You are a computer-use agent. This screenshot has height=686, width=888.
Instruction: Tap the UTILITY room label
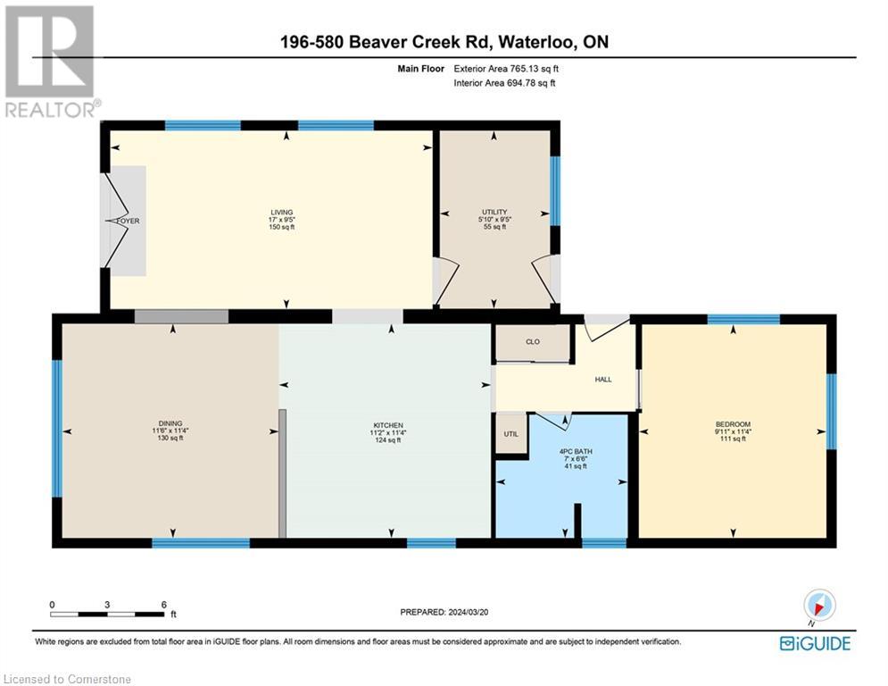[494, 212]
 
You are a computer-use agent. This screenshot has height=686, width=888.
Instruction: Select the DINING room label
[170, 424]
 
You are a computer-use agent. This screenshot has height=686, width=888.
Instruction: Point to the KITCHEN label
[388, 425]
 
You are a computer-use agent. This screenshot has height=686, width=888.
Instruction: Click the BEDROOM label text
[733, 424]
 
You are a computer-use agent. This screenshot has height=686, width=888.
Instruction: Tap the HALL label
[603, 380]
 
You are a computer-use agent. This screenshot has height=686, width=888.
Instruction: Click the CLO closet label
[533, 342]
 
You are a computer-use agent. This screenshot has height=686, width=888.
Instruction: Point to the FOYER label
[127, 221]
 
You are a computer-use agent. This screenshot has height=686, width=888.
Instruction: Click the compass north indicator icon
[818, 606]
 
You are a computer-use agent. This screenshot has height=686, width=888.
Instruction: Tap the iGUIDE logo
[815, 643]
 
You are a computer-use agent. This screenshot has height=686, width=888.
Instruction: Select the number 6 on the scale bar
[162, 605]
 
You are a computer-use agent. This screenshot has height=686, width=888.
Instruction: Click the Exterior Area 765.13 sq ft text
[507, 68]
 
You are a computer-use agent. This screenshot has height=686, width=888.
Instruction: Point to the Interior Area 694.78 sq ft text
[505, 83]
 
